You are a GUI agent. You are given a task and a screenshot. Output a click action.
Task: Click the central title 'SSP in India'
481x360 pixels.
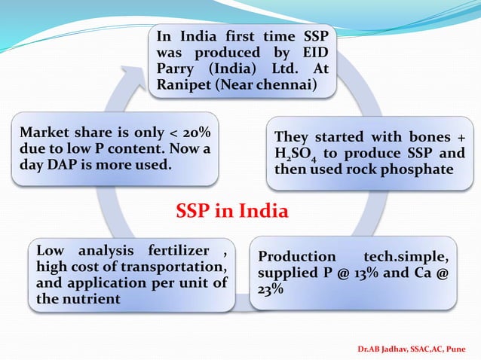[x=231, y=211]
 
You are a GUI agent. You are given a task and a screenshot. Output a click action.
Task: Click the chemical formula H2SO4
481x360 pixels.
[x=293, y=154]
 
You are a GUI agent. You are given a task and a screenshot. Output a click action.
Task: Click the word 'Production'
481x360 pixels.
[x=296, y=256]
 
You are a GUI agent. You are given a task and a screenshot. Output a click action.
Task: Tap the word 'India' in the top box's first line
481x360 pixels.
[x=194, y=36]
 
